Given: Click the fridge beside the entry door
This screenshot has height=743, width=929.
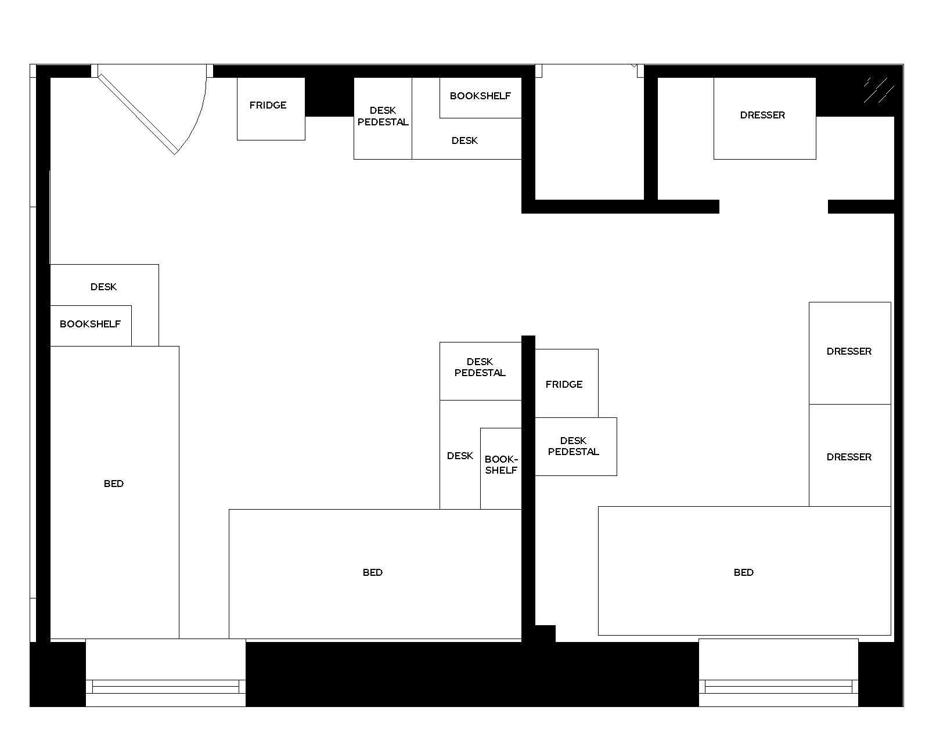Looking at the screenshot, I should [271, 109].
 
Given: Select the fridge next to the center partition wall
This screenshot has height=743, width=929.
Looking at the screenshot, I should [566, 384].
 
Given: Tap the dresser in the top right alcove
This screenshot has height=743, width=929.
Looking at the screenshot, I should [764, 118].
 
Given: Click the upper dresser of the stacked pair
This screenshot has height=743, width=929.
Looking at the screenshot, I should [849, 352].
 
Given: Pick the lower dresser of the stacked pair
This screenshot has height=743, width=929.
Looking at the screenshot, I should [849, 456].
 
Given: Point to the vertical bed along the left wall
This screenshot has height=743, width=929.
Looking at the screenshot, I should [114, 492].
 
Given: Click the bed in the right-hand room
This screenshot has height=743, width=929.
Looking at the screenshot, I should [744, 571].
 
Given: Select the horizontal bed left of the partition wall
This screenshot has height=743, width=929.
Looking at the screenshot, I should [375, 574].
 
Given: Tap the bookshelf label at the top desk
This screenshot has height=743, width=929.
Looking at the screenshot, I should [480, 96].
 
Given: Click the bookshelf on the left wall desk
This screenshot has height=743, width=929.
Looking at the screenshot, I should [91, 325].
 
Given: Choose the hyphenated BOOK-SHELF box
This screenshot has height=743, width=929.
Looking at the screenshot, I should [500, 468].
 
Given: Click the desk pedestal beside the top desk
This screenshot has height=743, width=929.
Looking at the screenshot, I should [383, 118].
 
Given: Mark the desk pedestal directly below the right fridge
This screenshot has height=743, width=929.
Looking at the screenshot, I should [575, 446].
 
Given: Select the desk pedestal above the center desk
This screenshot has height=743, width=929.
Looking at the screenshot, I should [480, 370].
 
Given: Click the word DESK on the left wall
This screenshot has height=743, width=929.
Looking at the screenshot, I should [103, 287].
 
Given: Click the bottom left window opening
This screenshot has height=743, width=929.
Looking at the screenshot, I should [165, 673].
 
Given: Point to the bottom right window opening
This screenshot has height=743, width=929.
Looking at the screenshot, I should [778, 673].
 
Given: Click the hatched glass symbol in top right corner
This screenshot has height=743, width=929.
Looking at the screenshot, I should [877, 90].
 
